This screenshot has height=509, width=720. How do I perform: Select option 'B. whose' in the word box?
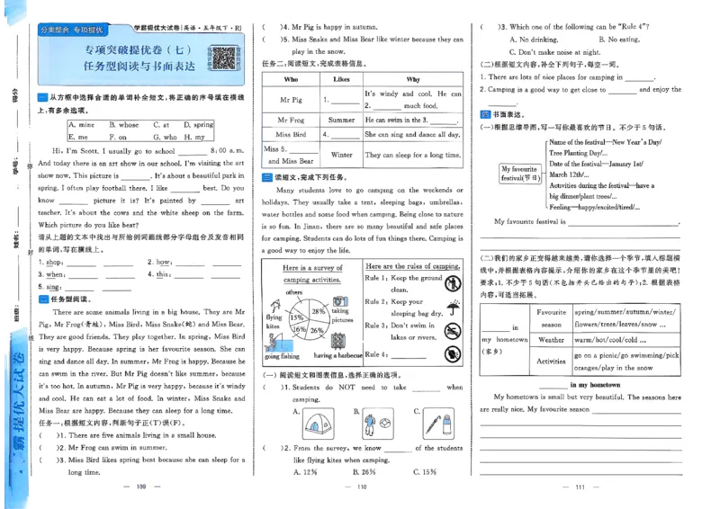coord(124,125)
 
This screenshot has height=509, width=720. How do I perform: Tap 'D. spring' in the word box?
coord(196,125)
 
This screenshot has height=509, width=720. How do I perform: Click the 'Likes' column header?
coord(341,79)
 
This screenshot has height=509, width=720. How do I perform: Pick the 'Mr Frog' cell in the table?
coord(291,119)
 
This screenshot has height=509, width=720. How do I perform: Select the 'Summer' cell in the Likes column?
coord(341,119)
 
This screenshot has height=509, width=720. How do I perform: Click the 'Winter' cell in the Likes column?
coord(341,155)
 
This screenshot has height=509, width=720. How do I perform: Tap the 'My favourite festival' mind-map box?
coord(519,173)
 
